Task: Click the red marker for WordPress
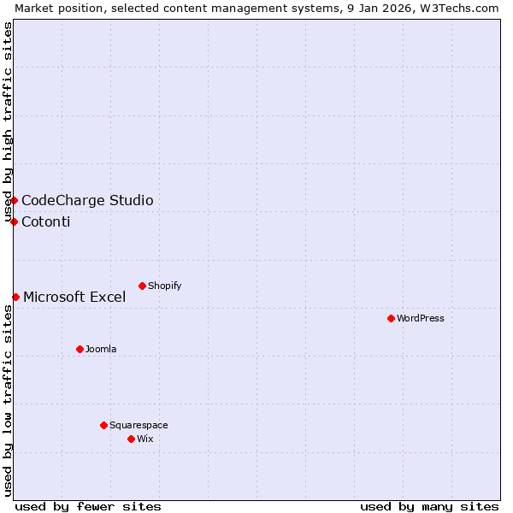391,318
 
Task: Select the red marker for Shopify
142,286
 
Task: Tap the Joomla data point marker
80,349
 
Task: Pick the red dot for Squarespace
103,425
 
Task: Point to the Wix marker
131,439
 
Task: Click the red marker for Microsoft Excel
15,297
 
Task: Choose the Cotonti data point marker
14,221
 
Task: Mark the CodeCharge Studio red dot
14,200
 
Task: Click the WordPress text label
421,318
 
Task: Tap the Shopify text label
165,286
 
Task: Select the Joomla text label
101,349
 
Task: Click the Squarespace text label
139,425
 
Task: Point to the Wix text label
145,439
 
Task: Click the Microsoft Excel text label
74,298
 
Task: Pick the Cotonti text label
46,222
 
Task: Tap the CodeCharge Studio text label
87,201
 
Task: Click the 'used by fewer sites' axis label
88,506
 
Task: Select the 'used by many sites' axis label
429,506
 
